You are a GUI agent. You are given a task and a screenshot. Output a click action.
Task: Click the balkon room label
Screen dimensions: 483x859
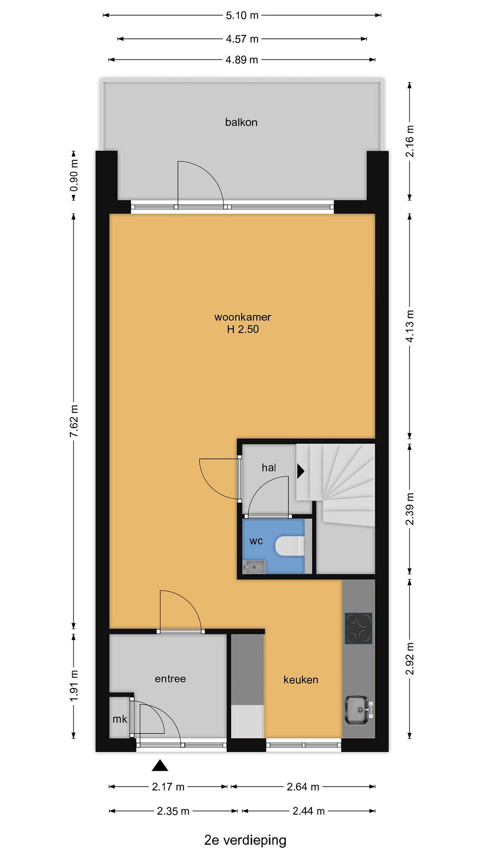pos(241,122)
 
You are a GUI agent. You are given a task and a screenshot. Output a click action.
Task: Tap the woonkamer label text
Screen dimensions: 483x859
pos(243,317)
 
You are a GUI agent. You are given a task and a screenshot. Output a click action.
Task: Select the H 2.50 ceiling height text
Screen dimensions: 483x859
pos(243,330)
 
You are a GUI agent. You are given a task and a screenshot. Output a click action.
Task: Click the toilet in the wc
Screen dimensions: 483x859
pos(290,546)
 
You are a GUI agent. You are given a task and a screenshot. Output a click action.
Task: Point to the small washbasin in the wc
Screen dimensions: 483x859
pos(254,567)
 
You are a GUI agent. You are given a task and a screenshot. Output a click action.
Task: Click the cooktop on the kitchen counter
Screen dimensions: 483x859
pos(358,628)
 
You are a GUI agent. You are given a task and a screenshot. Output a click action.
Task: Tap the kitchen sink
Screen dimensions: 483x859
pos(358,710)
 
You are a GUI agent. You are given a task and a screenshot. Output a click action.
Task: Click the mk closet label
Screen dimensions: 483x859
pos(120,719)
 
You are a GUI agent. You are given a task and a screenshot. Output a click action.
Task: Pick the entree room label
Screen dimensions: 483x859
pos(170,679)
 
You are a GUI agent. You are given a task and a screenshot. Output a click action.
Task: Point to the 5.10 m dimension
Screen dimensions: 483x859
pos(242,15)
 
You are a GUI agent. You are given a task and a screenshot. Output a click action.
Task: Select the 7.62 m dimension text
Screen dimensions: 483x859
pos(74,421)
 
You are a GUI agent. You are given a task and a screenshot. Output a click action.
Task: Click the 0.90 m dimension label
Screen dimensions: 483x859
pos(74,175)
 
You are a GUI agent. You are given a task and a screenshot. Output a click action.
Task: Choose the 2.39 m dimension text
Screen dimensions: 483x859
pos(410,509)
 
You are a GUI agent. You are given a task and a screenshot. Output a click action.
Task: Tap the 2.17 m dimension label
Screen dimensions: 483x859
pos(168,794)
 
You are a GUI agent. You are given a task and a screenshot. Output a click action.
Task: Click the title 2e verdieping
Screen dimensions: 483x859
pos(245,840)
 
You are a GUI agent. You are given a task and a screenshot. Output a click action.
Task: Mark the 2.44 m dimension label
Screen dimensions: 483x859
pos(309,811)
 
